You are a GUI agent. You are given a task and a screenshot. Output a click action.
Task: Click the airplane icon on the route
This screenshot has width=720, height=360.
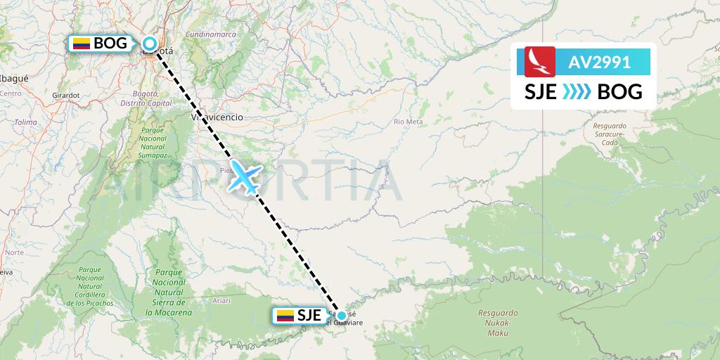[245, 176]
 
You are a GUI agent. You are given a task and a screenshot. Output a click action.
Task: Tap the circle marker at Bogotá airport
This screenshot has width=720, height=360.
[150, 44]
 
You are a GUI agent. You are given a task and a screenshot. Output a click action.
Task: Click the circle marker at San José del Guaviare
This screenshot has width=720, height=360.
[341, 316]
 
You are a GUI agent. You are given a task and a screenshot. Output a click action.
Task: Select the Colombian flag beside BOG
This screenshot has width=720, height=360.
[82, 44]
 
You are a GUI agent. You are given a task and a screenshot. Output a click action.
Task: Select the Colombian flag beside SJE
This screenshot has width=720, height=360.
[285, 316]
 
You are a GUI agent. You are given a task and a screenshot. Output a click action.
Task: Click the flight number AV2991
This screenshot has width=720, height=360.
[600, 62]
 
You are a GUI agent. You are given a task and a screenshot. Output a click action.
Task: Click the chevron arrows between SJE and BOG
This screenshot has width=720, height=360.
[577, 92]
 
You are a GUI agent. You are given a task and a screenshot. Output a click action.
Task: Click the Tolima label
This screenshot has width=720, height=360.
[25, 122]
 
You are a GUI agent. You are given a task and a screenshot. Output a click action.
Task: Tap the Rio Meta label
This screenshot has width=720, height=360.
[409, 122]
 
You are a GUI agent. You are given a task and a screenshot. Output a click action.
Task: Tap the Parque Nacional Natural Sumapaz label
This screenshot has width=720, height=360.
[151, 142]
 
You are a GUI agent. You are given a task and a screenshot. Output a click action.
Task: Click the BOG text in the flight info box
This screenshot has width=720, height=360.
[619, 92]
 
